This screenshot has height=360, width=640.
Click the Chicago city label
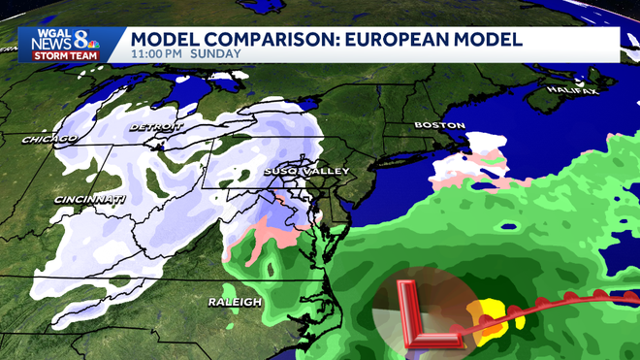(50, 140)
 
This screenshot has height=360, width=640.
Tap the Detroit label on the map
(154, 127)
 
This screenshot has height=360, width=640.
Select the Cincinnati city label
(91, 200)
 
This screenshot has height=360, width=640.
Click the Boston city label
(432, 125)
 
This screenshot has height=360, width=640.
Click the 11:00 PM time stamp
(160, 54)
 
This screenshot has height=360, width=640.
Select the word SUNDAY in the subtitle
(215, 54)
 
